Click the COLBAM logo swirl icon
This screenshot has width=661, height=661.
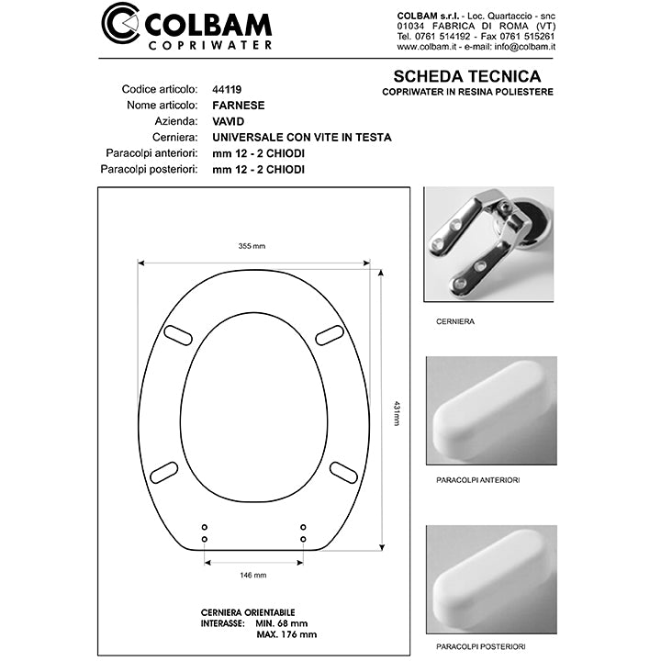click(121, 26)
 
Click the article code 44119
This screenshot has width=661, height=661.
click(229, 90)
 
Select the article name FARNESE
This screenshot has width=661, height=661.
click(238, 106)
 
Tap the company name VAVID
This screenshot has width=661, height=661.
click(228, 121)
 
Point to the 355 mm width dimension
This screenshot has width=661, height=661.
click(251, 246)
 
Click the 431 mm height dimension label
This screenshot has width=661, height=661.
click(397, 412)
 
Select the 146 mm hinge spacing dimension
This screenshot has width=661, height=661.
click(252, 575)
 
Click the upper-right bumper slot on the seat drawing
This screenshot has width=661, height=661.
click(330, 335)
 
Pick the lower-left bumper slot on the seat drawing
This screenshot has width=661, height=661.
click(164, 472)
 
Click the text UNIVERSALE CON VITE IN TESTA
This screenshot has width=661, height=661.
click(301, 138)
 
